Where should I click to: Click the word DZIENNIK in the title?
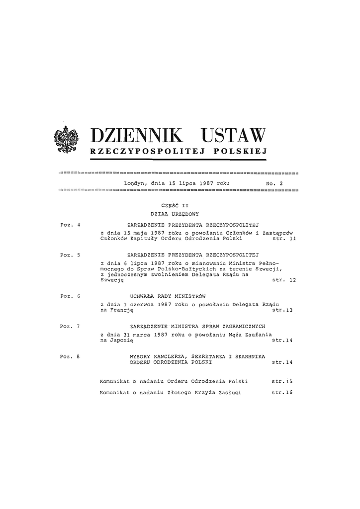pyautogui.click(x=138, y=136)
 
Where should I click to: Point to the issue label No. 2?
pyautogui.click(x=274, y=183)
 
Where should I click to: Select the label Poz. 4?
pyautogui.click(x=70, y=226)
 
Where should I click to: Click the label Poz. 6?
pyautogui.click(x=70, y=296)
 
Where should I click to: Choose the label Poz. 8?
pyautogui.click(x=70, y=356)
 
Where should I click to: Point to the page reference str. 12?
pyautogui.click(x=284, y=280)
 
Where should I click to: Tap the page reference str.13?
pyautogui.click(x=282, y=311)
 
